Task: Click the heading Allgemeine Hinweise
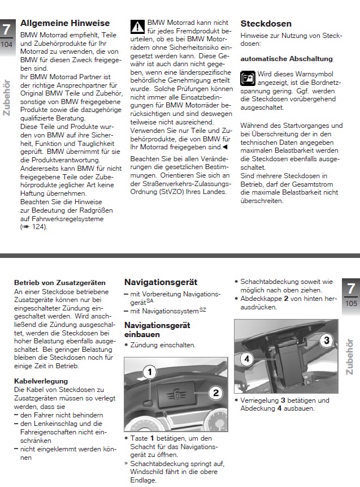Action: (65, 24)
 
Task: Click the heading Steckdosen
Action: (266, 24)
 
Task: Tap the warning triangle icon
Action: (137, 26)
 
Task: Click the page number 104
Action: (7, 44)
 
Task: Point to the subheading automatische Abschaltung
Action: (287, 59)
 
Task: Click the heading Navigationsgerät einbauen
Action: (157, 330)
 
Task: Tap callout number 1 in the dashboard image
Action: (149, 372)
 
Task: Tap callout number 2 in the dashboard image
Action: (215, 391)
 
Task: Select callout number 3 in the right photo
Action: (326, 339)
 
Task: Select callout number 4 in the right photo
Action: (246, 357)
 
